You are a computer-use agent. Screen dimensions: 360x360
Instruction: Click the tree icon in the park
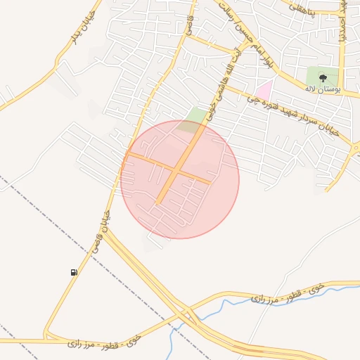[x=323, y=78]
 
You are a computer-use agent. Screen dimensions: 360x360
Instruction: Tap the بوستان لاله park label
[x=323, y=89]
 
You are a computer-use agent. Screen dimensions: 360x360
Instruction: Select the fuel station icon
[x=74, y=272]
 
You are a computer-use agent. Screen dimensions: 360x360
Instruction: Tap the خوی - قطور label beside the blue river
[x=284, y=294]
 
